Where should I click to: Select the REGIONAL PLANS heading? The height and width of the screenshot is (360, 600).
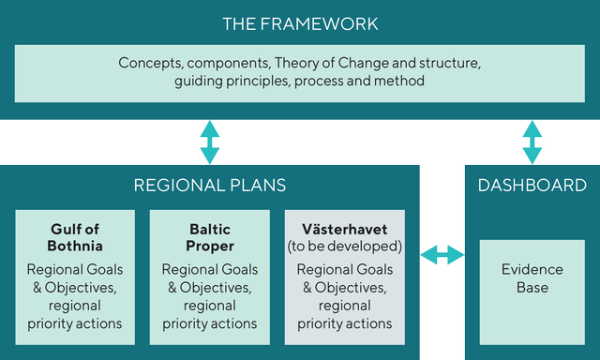(209, 185)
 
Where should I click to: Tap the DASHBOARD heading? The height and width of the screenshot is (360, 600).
(532, 185)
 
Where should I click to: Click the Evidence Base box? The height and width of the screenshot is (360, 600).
(532, 278)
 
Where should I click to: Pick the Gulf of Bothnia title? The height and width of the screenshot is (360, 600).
(75, 238)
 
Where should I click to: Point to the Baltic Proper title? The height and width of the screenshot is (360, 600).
(209, 238)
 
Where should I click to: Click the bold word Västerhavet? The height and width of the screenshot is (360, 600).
(344, 230)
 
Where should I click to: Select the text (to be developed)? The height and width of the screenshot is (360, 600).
(344, 247)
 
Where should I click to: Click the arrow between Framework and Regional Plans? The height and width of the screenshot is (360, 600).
(209, 142)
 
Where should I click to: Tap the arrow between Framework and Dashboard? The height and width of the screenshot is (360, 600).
(532, 142)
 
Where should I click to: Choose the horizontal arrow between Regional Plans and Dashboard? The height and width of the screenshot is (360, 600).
(442, 254)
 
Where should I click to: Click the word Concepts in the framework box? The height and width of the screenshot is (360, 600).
(150, 64)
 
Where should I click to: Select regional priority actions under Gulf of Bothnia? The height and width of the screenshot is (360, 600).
(75, 314)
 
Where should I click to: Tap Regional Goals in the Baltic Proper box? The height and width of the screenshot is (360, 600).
(209, 269)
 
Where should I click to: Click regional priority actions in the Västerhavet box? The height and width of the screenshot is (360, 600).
(344, 314)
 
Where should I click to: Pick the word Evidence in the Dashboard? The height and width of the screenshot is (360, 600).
(532, 269)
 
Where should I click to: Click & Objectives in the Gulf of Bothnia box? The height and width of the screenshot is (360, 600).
(75, 287)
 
